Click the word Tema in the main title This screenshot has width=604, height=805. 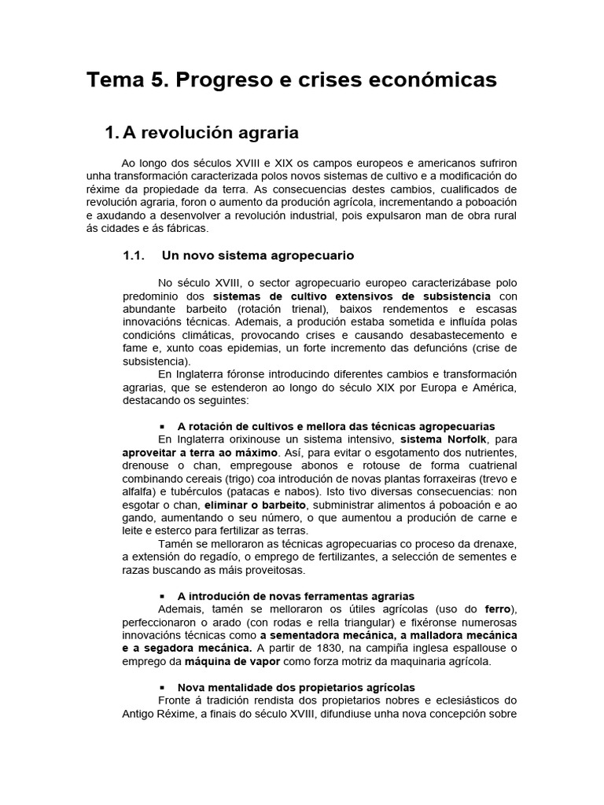(113, 80)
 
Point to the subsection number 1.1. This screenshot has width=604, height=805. (135, 255)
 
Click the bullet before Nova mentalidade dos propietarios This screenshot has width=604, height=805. (161, 688)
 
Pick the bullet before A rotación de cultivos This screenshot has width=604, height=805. (161, 425)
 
